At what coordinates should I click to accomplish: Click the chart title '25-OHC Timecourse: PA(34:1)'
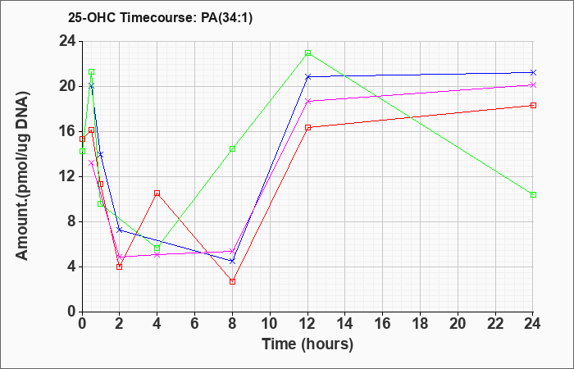click(x=160, y=17)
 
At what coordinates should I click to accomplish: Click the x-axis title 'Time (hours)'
click(x=307, y=344)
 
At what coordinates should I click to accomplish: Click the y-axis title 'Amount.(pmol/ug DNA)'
click(x=22, y=176)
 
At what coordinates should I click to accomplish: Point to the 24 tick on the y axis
click(x=68, y=41)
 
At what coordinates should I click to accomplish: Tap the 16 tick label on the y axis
click(x=68, y=131)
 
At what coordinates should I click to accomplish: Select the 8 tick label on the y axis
click(x=72, y=222)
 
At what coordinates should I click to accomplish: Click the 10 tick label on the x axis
click(x=270, y=324)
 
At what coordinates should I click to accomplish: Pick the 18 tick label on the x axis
click(x=420, y=324)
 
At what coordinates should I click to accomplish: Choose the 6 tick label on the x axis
click(x=195, y=324)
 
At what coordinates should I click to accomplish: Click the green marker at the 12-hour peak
click(x=307, y=52)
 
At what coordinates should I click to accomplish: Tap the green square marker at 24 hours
click(x=533, y=195)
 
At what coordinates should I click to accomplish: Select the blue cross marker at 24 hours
click(x=533, y=72)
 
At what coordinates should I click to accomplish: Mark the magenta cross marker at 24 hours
click(x=533, y=85)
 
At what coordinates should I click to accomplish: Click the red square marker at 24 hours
click(x=533, y=106)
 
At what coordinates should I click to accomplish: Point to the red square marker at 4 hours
click(x=157, y=193)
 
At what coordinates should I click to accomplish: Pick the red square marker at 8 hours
click(x=232, y=281)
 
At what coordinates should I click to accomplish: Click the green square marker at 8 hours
click(x=232, y=148)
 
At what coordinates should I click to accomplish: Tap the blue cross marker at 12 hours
click(x=307, y=77)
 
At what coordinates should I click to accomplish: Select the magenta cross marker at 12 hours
click(x=307, y=101)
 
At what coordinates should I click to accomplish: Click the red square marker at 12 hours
click(x=307, y=127)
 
